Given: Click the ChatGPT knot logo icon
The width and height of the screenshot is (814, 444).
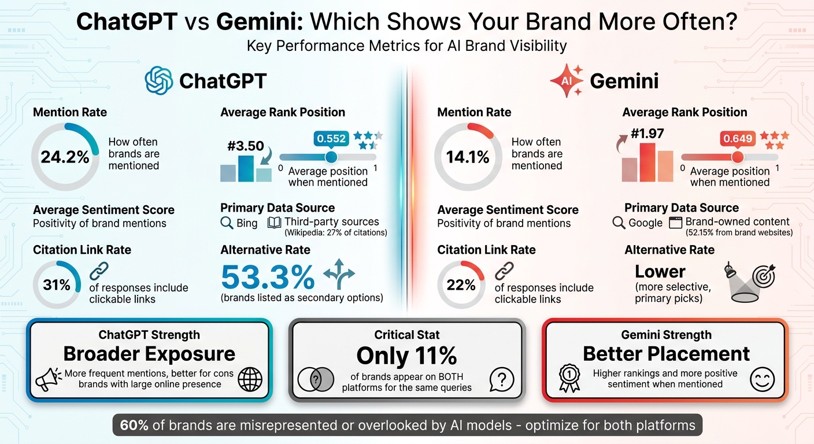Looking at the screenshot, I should point(159,80).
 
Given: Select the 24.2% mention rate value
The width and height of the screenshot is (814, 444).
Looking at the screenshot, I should point(65,157).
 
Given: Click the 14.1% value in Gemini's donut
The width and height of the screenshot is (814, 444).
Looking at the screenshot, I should point(468,157).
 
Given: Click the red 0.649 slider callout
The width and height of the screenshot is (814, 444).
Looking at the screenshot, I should point(737,139).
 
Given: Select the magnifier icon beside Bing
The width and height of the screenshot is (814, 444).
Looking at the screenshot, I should point(227,223).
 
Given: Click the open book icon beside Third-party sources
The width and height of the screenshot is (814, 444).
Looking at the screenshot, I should point(274,223).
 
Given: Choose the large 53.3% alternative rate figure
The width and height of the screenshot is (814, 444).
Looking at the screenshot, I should point(268,277).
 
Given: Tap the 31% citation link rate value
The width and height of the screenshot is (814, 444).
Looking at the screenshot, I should point(57,284).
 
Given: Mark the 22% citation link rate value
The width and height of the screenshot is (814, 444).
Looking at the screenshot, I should point(461,284).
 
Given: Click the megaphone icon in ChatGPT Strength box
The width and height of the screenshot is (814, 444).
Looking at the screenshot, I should point(48,379).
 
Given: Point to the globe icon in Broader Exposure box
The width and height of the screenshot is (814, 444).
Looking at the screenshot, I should point(250,379).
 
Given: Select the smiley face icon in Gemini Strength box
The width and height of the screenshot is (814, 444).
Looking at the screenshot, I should point(761,379).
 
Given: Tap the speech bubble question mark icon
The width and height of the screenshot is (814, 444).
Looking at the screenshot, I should point(501,379).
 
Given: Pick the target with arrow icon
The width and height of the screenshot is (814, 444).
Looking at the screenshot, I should point(763,277).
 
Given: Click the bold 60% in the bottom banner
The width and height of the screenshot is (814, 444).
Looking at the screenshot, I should point(134,425).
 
